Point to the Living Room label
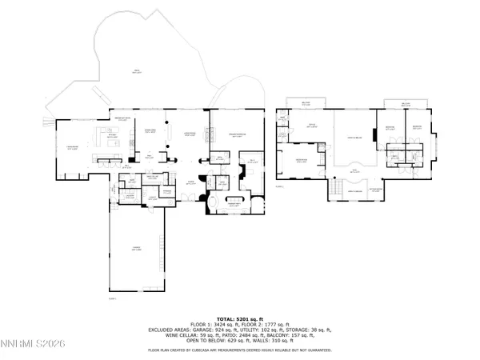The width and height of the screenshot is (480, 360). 191,135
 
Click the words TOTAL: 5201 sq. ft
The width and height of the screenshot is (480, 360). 240,318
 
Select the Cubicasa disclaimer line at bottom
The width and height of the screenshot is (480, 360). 240,350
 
